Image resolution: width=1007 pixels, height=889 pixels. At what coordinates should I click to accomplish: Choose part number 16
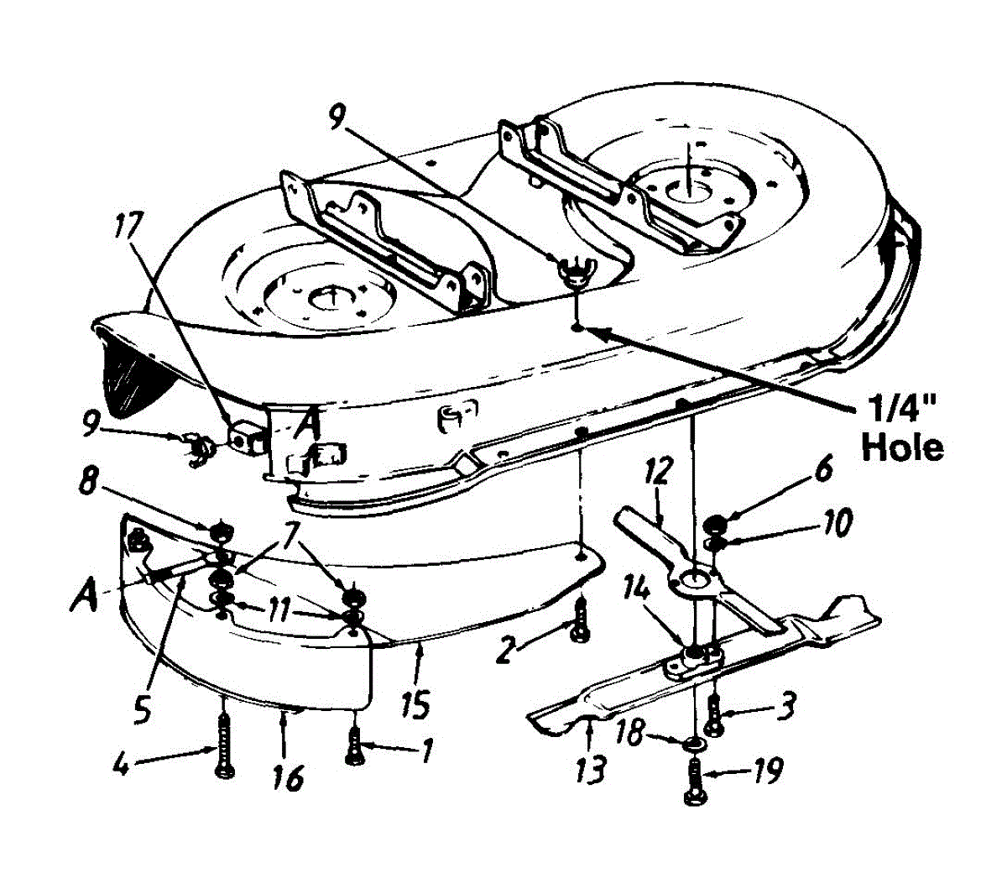point(287,777)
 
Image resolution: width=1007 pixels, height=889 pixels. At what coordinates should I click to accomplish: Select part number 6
point(822,470)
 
